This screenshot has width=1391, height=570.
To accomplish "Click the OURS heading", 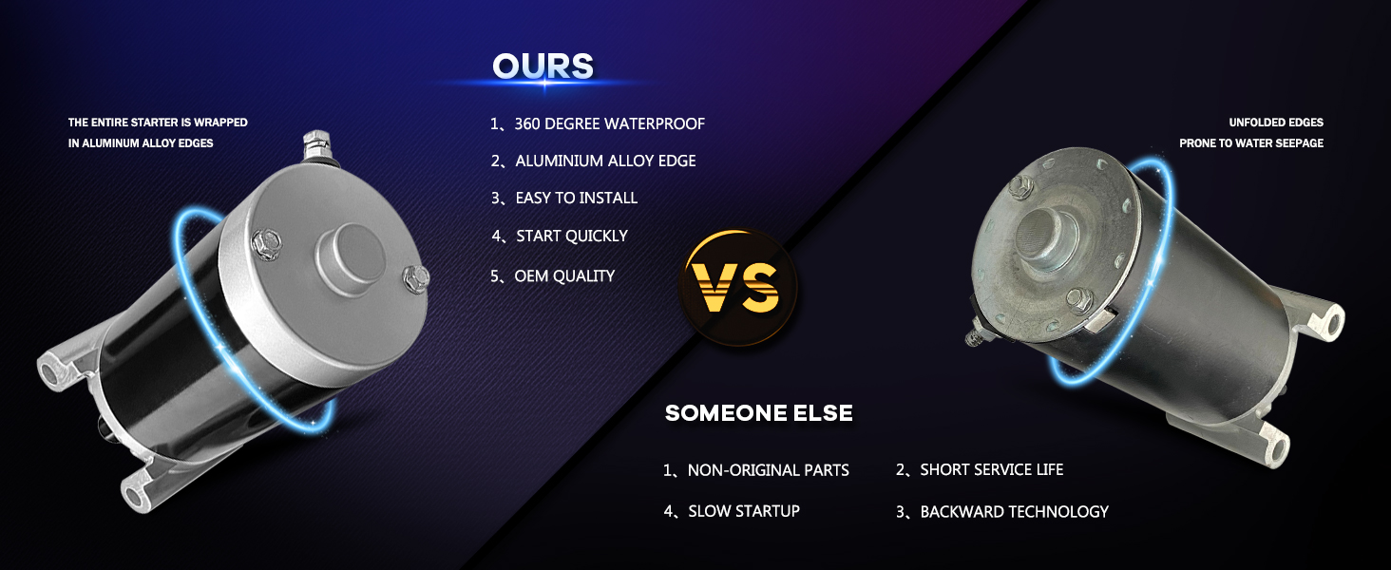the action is click(x=543, y=66).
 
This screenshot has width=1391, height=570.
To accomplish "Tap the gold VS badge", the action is click(x=737, y=288).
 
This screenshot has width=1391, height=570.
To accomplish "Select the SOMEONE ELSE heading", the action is click(x=758, y=413).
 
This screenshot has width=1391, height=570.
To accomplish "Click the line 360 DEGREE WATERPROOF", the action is click(x=598, y=123).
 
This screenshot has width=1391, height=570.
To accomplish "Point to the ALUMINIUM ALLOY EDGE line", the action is click(x=593, y=161).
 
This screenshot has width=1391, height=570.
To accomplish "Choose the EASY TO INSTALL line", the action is click(x=563, y=198).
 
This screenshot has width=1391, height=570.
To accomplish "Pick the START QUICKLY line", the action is click(x=560, y=236).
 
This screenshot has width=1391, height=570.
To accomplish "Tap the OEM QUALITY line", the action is click(x=552, y=275).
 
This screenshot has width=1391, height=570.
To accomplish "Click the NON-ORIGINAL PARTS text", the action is click(x=755, y=470).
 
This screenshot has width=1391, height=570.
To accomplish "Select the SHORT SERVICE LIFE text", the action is click(x=980, y=469).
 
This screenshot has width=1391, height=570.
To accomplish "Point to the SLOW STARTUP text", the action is click(x=732, y=511).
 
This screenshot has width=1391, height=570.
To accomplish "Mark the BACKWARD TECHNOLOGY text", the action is click(x=1001, y=512).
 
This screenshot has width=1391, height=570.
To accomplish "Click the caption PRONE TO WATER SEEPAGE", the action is click(x=1251, y=142).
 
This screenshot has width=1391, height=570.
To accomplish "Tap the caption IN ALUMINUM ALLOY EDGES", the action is click(x=141, y=142).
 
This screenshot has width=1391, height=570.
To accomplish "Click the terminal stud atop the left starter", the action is click(x=316, y=146).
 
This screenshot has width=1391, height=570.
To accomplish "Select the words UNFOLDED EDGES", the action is click(x=1276, y=123).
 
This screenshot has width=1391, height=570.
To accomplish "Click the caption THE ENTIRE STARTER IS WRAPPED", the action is click(x=158, y=123).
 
